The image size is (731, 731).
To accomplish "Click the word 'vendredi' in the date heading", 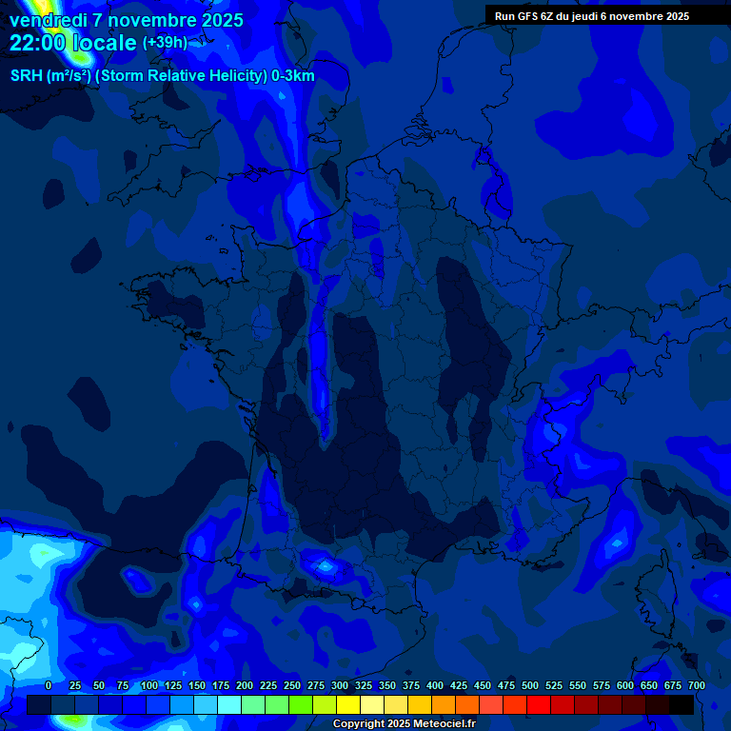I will point(49,20).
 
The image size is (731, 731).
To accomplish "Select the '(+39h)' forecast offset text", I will point(165,43).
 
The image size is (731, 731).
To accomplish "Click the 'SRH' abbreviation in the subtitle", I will point(27,76).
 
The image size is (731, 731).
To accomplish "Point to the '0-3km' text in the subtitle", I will point(293,76).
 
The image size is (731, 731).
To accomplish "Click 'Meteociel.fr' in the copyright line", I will point(445,724).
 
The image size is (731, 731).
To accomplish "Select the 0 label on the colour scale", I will point(49,685).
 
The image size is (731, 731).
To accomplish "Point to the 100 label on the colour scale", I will point(149,685).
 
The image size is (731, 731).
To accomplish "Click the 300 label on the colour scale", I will point(340,685).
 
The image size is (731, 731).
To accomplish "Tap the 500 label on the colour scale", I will point(530,685).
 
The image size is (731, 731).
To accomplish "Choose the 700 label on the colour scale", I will point(697,685).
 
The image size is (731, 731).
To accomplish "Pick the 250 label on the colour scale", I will point(292,685).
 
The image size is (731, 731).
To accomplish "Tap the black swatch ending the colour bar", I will point(681,704).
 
